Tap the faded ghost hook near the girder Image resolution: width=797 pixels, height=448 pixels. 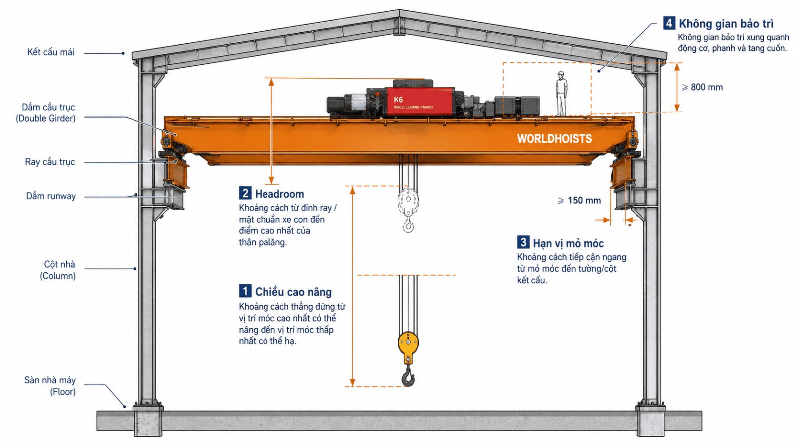pyautogui.click(x=408, y=210)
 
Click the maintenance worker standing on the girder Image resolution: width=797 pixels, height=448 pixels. pyautogui.click(x=561, y=94)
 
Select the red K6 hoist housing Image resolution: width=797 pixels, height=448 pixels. pyautogui.click(x=419, y=102)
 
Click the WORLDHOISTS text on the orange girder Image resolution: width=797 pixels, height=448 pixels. pyautogui.click(x=554, y=139)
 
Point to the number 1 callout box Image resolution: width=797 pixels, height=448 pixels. pyautogui.click(x=245, y=291)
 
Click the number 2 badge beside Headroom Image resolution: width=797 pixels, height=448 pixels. pyautogui.click(x=245, y=193)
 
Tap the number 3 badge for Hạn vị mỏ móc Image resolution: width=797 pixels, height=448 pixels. pyautogui.click(x=523, y=242)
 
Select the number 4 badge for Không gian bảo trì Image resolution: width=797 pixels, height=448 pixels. pyautogui.click(x=669, y=23)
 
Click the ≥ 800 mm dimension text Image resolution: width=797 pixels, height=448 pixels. pyautogui.click(x=702, y=87)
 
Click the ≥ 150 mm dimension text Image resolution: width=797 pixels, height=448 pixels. pyautogui.click(x=579, y=201)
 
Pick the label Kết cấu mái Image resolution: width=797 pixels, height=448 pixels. pyautogui.click(x=51, y=53)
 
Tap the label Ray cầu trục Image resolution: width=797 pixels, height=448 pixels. pyautogui.click(x=50, y=162)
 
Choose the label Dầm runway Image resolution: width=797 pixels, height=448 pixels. pyautogui.click(x=51, y=196)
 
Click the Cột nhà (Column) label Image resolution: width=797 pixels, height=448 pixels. pyautogui.click(x=58, y=270)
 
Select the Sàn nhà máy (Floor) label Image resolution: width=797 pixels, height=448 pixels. pyautogui.click(x=50, y=386)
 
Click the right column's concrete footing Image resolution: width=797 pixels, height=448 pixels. pyautogui.click(x=650, y=421)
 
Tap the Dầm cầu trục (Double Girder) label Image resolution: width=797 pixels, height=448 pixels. pyautogui.click(x=46, y=112)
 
